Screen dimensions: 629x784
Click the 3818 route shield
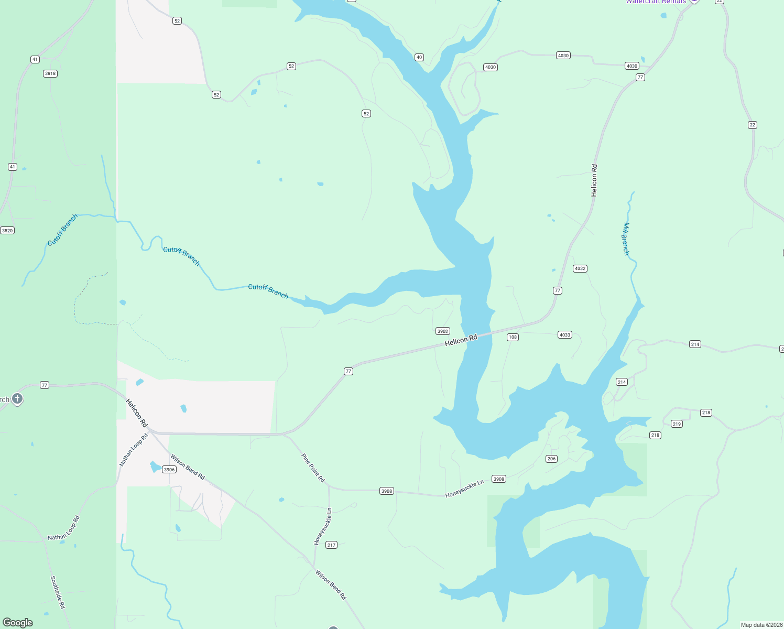click(x=50, y=73)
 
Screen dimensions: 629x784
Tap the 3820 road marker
click(x=7, y=231)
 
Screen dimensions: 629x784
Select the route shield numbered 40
click(x=419, y=57)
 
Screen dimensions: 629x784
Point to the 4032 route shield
click(x=580, y=268)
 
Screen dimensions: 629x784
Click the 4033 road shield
click(x=564, y=335)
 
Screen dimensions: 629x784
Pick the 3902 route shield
click(x=443, y=331)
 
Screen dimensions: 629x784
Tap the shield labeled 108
click(x=513, y=337)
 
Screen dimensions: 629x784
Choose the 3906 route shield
click(x=169, y=470)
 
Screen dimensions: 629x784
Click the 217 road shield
click(x=331, y=545)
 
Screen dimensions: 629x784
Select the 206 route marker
click(x=551, y=459)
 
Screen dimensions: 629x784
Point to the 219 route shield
click(x=677, y=424)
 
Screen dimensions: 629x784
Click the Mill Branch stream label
click(x=626, y=238)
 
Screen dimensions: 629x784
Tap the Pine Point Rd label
click(x=313, y=468)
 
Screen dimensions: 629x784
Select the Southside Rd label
click(x=58, y=592)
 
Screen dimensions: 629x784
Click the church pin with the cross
click(x=17, y=399)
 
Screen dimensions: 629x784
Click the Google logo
click(x=18, y=623)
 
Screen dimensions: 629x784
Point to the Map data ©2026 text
click(x=761, y=625)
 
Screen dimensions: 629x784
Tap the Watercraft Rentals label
click(x=656, y=2)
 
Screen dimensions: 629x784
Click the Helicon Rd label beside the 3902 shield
click(x=461, y=340)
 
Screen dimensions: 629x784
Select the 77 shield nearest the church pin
click(x=45, y=385)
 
